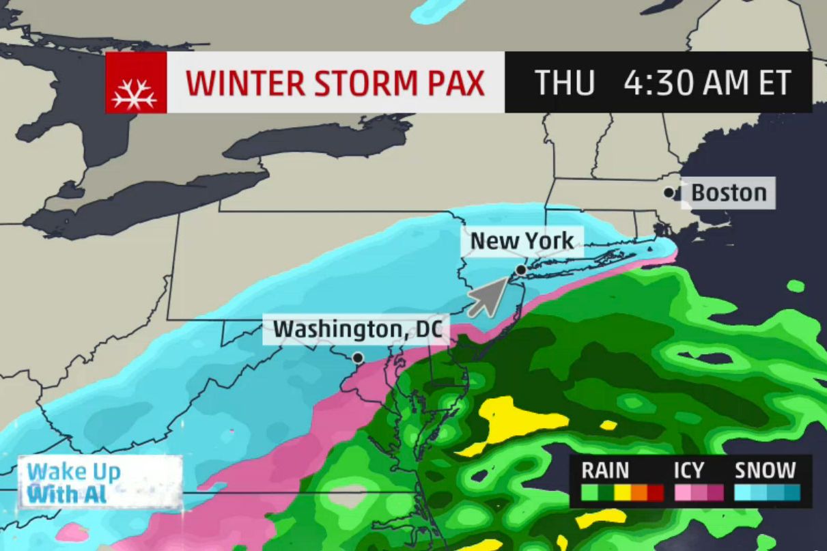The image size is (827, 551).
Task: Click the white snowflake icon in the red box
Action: click(135, 83)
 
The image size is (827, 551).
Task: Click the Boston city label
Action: click(729, 193)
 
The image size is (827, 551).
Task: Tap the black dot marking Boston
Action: click(669, 193)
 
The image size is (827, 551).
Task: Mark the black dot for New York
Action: click(520, 270)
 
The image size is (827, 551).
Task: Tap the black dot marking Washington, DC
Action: click(357, 357)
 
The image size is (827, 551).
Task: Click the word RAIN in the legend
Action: click(605, 470)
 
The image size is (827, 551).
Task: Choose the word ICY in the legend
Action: click(688, 470)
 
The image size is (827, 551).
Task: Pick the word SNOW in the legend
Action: click(766, 470)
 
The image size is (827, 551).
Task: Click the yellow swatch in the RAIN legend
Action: click(622, 492)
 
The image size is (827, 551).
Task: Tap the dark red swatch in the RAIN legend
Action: click(656, 492)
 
